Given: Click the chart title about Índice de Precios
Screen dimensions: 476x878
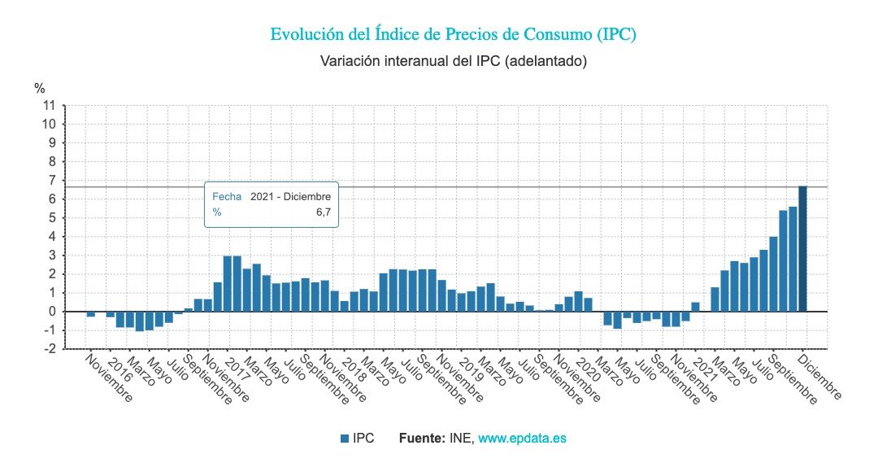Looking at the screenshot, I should click(453, 34).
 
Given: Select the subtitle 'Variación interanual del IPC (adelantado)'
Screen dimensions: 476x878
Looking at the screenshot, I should click(453, 61).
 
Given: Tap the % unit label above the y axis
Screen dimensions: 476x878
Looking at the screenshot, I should click(40, 88).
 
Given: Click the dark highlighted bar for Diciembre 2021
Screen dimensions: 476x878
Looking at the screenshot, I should click(802, 248).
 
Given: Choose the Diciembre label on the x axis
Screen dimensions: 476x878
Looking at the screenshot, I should click(819, 378).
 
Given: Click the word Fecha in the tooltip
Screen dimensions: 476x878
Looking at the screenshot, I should click(227, 197).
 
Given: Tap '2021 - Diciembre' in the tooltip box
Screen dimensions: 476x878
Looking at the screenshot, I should click(290, 197).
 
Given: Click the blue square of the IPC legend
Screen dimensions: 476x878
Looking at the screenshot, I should click(345, 439).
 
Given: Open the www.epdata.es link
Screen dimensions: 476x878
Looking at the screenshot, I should click(522, 438).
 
